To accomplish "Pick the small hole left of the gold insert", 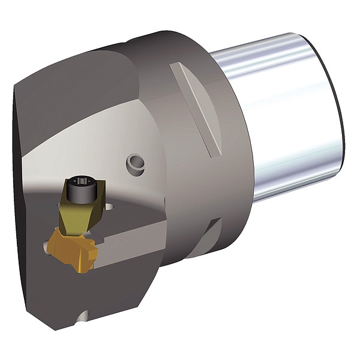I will [x=47, y=244].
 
